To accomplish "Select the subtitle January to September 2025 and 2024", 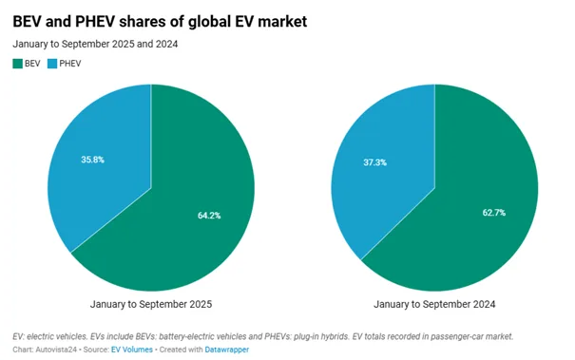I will point(95,43).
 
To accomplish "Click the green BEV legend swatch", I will point(17,64).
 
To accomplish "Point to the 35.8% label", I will point(92,160).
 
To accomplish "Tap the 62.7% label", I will point(494,213).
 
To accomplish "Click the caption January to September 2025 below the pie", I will point(150,304).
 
